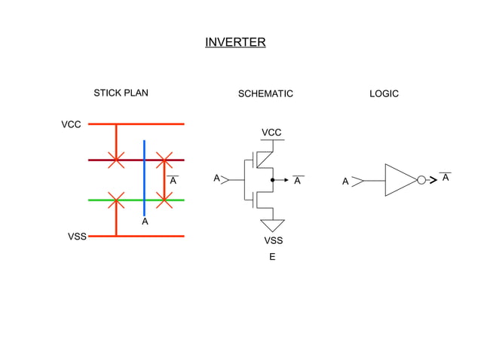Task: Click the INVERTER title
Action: pyautogui.click(x=235, y=42)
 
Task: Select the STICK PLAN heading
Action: pyautogui.click(x=121, y=93)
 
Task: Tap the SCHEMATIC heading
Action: pyautogui.click(x=265, y=94)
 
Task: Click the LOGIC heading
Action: pyautogui.click(x=384, y=94)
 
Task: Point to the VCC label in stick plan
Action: pyautogui.click(x=71, y=124)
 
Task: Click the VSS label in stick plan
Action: pyautogui.click(x=77, y=236)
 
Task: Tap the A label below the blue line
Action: pyautogui.click(x=145, y=222)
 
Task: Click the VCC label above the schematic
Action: pyautogui.click(x=271, y=133)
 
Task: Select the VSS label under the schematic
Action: pyautogui.click(x=273, y=241)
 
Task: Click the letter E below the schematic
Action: pyautogui.click(x=273, y=258)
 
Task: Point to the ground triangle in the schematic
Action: pyautogui.click(x=272, y=225)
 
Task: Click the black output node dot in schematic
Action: pyautogui.click(x=272, y=181)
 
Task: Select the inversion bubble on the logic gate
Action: pyautogui.click(x=421, y=181)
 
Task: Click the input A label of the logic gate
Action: pyautogui.click(x=345, y=182)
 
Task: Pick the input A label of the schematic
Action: pyautogui.click(x=216, y=179)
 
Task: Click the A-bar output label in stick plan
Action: pyautogui.click(x=173, y=181)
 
